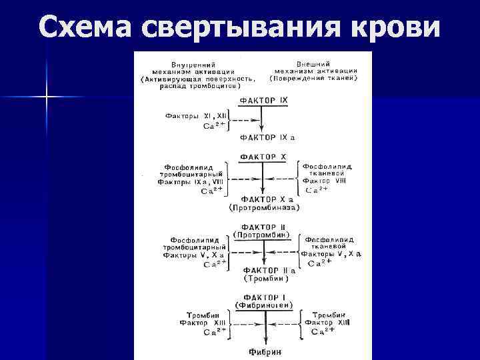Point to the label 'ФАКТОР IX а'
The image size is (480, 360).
(x=267, y=138)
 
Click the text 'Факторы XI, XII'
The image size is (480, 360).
(x=193, y=115)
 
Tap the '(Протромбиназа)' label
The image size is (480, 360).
(x=263, y=208)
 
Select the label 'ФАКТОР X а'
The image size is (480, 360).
(x=263, y=199)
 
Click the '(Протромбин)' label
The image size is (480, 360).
(x=262, y=235)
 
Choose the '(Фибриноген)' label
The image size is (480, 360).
(x=264, y=305)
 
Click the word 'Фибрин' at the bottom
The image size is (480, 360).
(x=265, y=351)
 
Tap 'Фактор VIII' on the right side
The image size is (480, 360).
(x=324, y=181)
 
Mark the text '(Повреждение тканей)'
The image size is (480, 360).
(x=313, y=78)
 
